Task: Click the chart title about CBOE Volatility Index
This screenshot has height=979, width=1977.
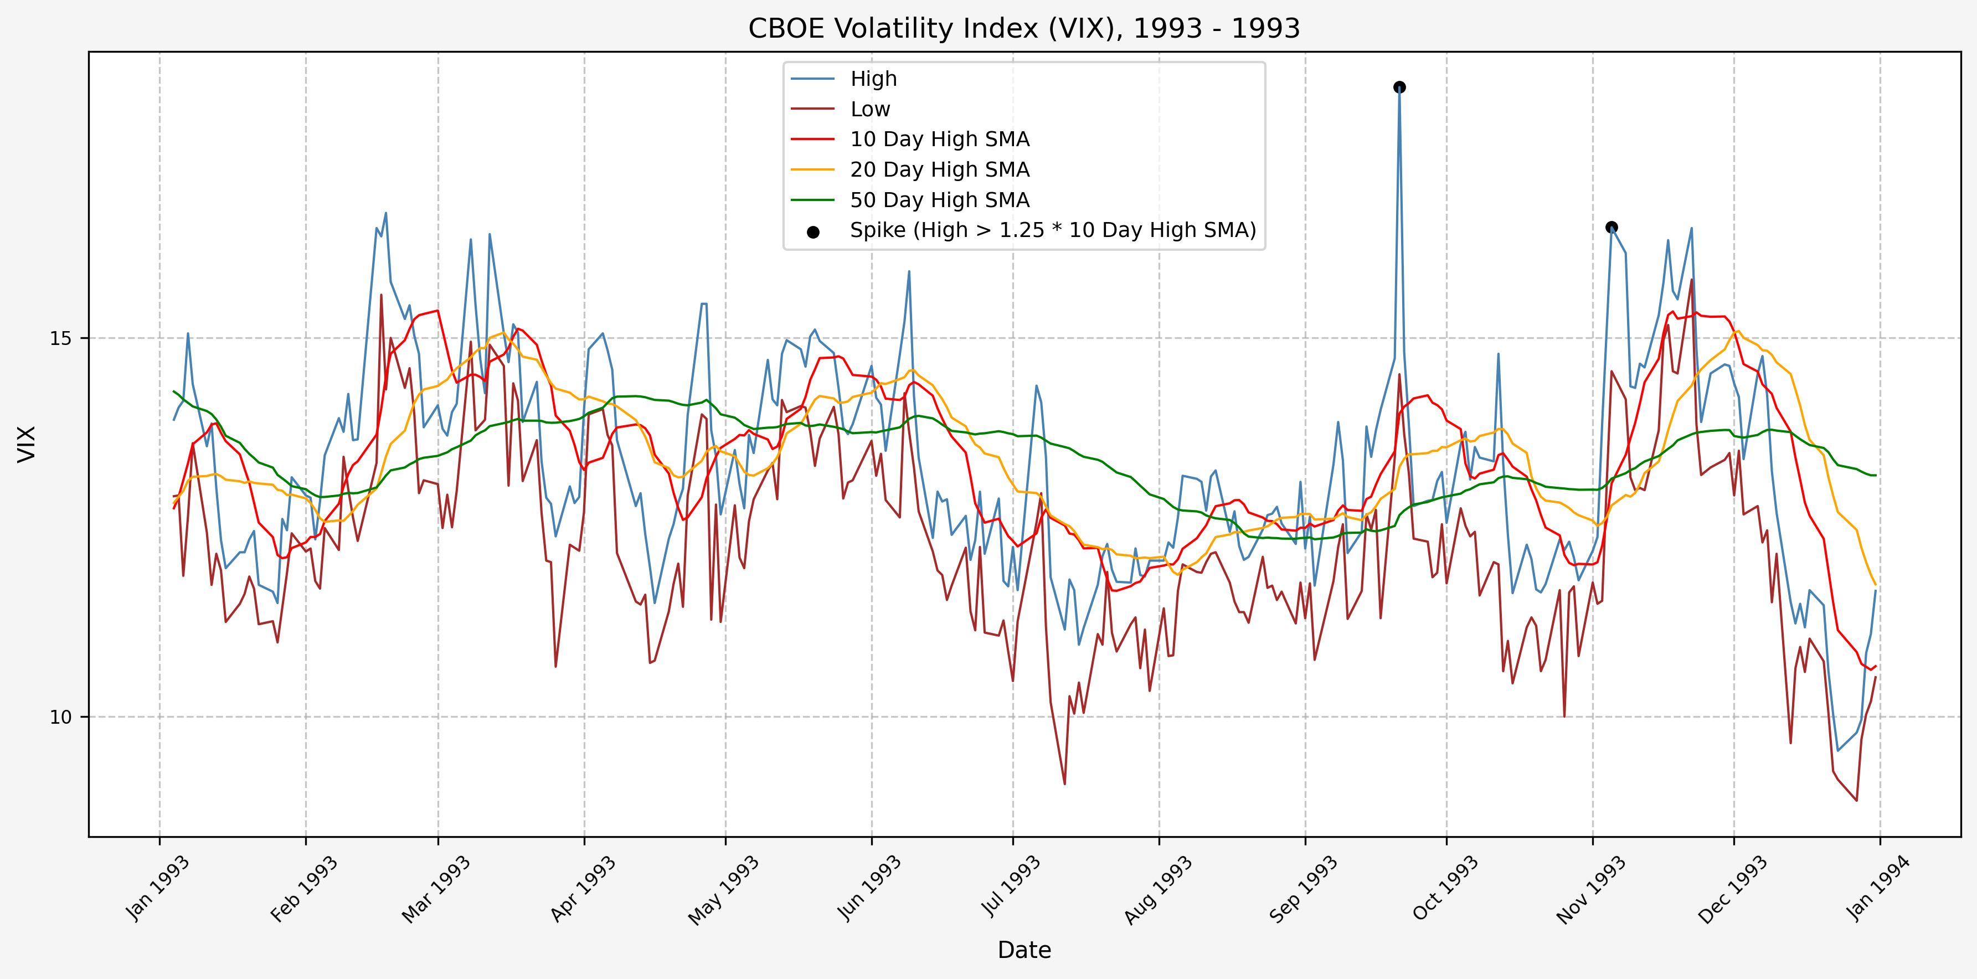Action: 1024,28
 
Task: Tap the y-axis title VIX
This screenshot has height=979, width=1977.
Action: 27,444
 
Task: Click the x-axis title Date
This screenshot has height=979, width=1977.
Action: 1024,950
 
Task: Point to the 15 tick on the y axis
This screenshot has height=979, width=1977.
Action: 60,338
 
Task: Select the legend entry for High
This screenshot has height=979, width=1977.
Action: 873,79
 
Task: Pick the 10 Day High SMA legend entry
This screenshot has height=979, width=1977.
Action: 939,140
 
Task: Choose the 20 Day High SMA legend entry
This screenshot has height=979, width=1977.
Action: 939,169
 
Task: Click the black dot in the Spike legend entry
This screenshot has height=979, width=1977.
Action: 813,231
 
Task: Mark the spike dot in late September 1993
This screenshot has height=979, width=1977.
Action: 1399,87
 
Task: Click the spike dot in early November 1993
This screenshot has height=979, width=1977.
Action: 1612,227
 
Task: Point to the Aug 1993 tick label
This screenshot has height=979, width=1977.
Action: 1157,889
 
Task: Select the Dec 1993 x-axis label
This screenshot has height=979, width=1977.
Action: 1732,889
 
